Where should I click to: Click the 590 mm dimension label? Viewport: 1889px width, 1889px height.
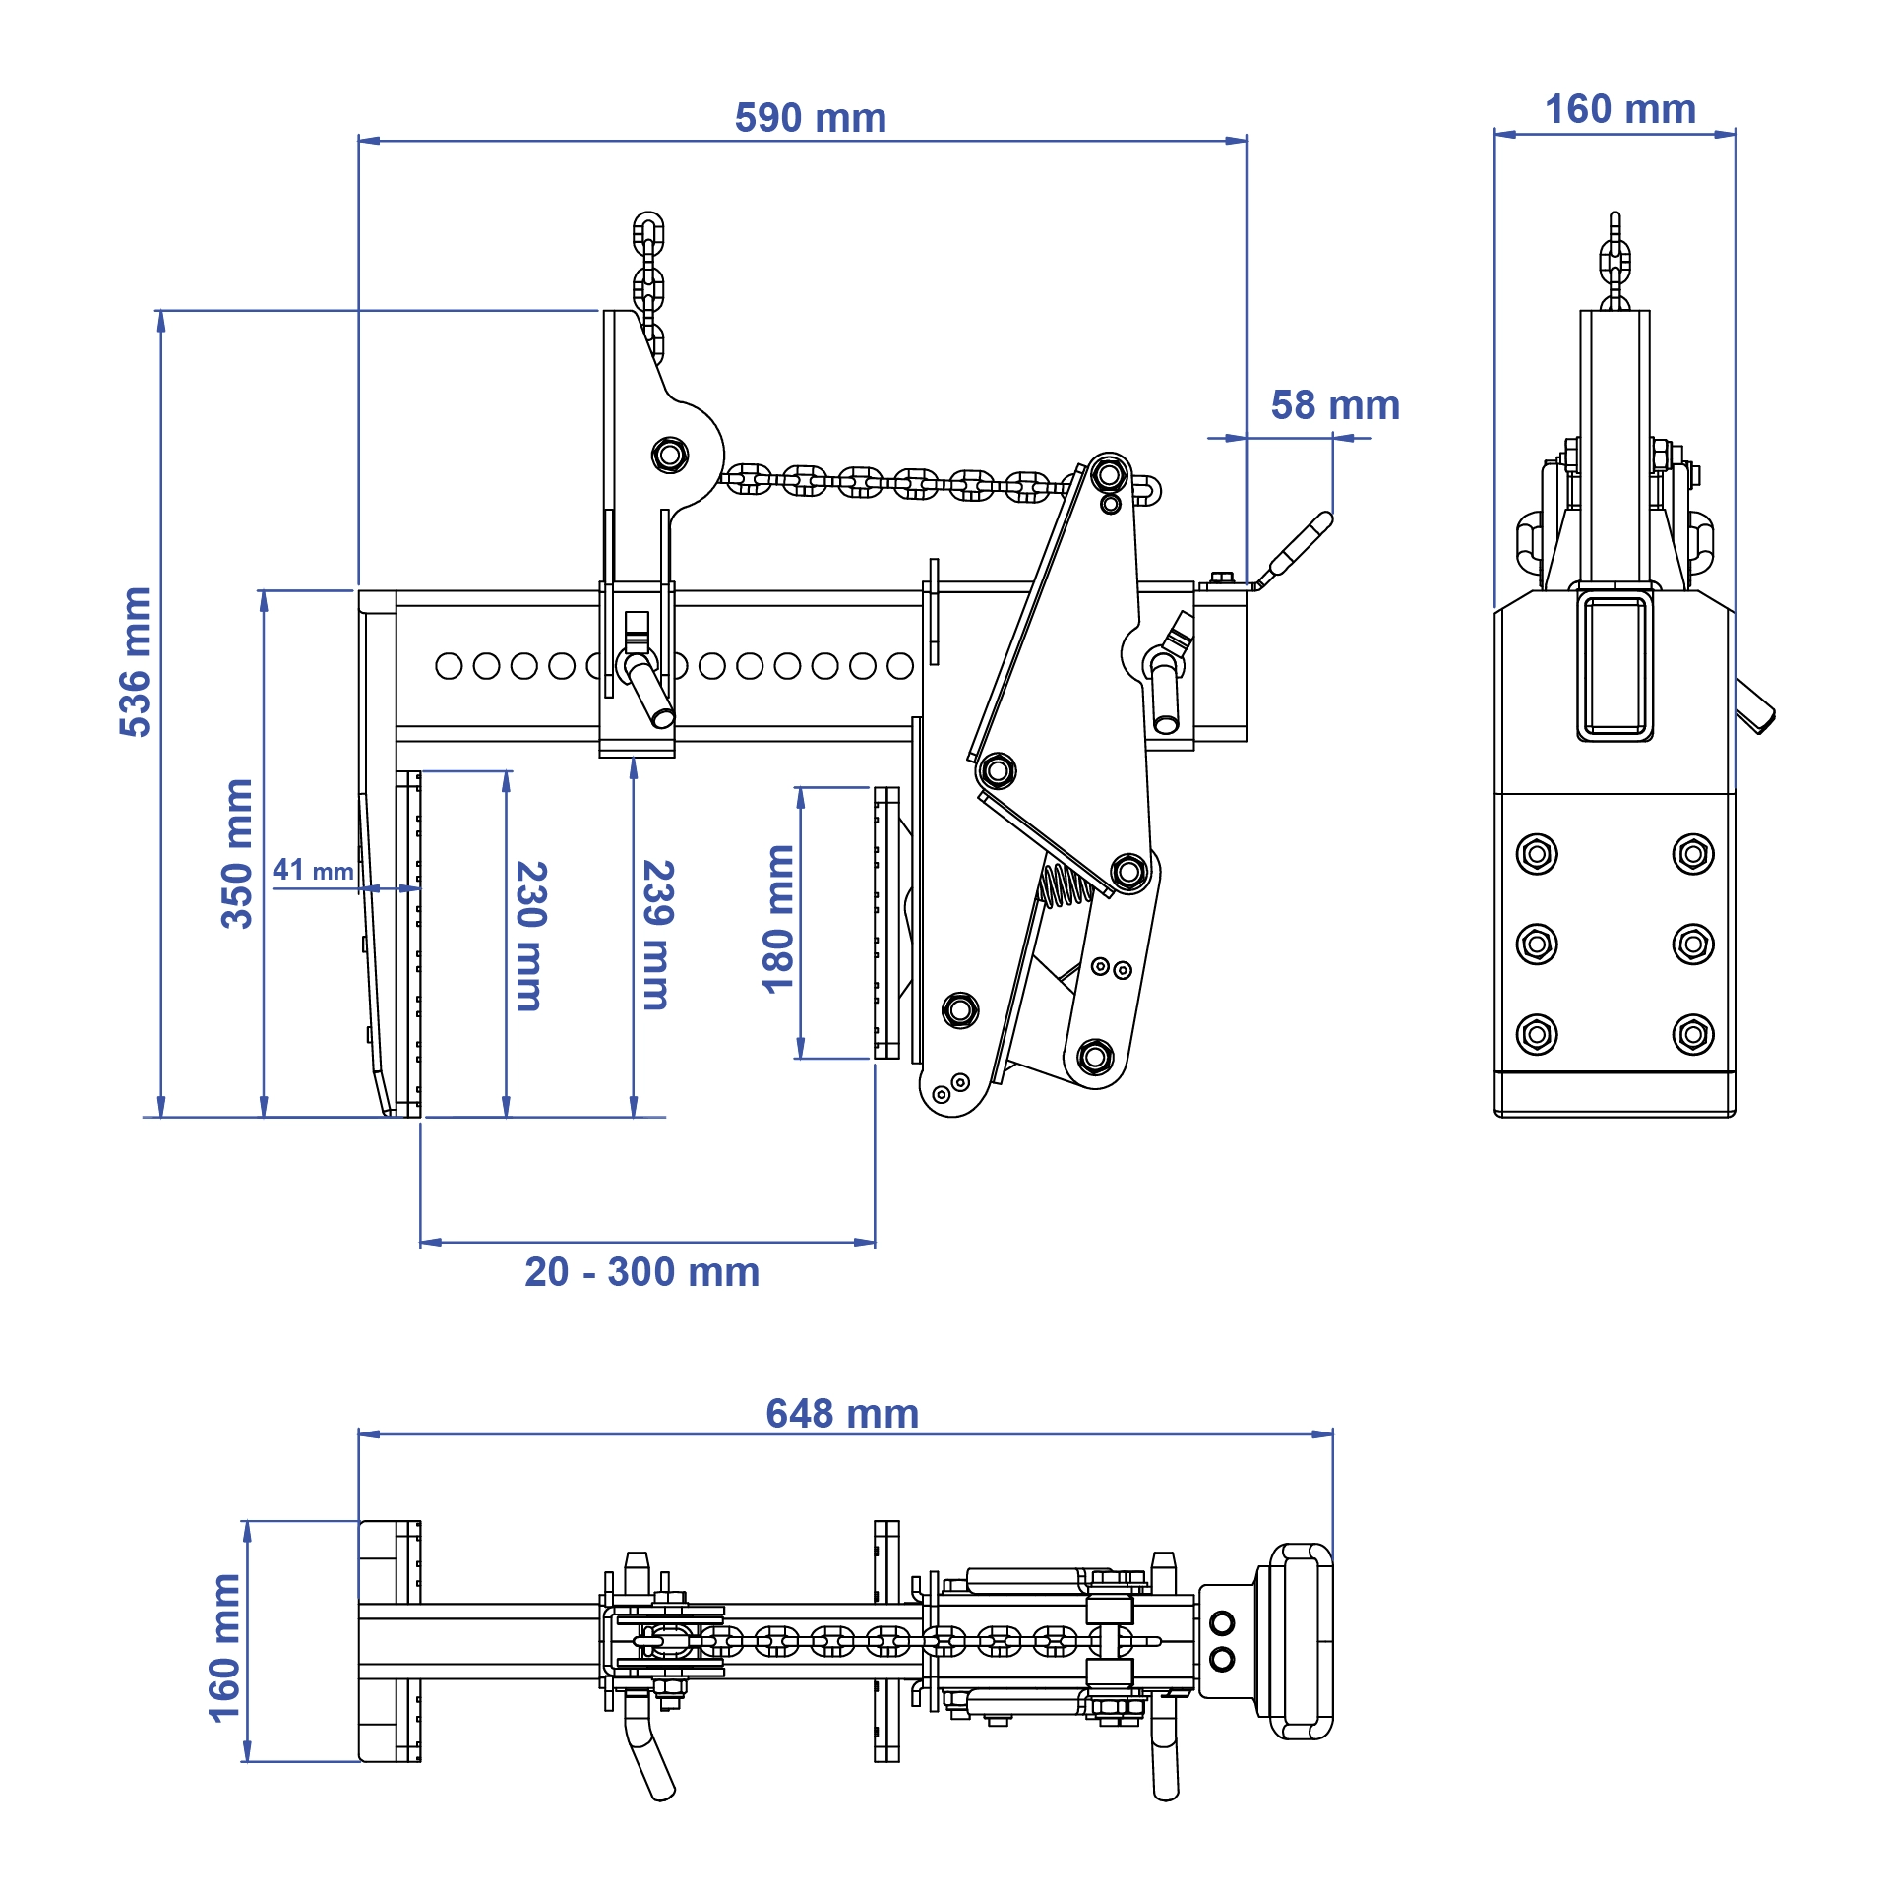coord(810,118)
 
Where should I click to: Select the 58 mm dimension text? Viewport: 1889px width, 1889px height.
coord(1334,405)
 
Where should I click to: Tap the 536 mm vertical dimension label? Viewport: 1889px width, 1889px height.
coord(135,661)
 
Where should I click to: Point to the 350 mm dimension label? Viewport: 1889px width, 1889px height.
coord(237,853)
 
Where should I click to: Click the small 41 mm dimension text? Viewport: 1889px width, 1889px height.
coord(313,870)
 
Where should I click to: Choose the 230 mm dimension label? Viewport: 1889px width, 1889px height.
coord(530,936)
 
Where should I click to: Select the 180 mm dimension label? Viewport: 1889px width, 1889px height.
coord(778,919)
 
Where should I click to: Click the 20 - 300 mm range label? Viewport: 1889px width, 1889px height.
coord(641,1272)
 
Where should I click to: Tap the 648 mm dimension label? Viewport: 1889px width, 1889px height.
coord(842,1414)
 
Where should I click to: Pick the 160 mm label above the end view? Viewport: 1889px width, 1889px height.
coord(1619,109)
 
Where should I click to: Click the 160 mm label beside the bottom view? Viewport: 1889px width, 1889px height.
coord(225,1648)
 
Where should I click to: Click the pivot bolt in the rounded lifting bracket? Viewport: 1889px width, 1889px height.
coord(670,456)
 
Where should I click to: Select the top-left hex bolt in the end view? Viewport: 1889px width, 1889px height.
coord(1537,853)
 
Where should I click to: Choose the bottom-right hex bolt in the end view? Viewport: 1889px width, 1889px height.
coord(1692,1034)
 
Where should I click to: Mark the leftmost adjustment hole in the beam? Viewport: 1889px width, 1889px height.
coord(449,666)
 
